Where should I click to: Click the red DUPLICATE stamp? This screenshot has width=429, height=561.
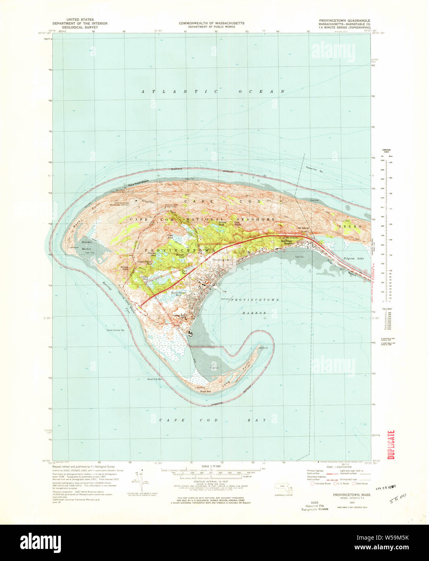coord(390,445)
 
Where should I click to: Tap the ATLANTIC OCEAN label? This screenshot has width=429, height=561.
coord(213,92)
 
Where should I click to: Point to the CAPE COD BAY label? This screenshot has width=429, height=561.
coord(212,420)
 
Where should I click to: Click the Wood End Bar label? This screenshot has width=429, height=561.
coord(154,379)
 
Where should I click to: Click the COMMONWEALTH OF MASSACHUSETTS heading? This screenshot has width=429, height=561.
coord(211,23)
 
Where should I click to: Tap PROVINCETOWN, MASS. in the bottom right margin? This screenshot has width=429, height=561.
coord(349,494)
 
